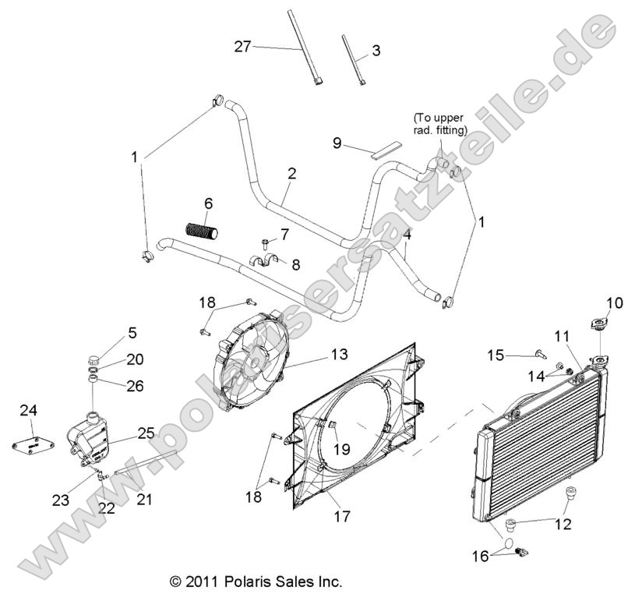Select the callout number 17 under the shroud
pos(320,516)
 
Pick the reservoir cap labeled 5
pos(94,361)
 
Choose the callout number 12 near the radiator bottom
pos(561,525)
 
